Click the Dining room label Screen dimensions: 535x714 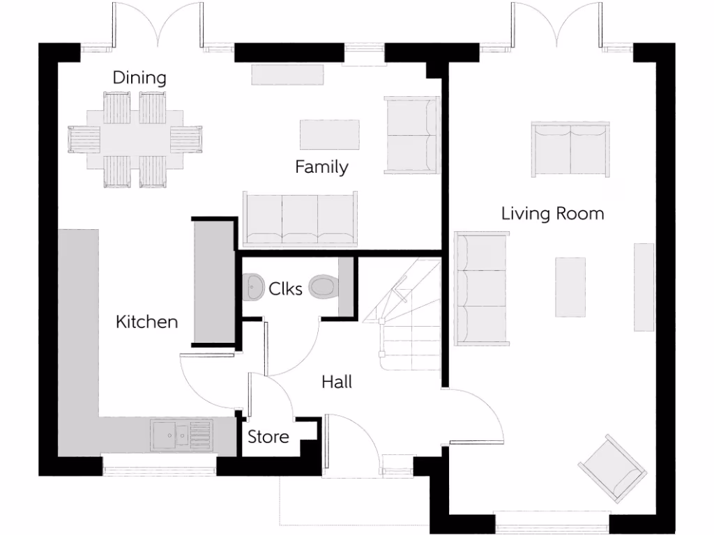(140, 77)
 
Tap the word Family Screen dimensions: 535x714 (321, 167)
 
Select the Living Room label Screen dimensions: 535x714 (552, 213)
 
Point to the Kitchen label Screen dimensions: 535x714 (146, 322)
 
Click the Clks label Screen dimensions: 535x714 (286, 288)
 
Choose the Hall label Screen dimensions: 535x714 (337, 382)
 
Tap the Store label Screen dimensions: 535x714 (268, 437)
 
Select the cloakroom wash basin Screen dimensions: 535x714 (252, 286)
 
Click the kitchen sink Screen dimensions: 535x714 (172, 435)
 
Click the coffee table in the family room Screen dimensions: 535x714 (330, 134)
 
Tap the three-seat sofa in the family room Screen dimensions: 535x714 (300, 219)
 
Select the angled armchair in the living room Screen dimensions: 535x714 (608, 466)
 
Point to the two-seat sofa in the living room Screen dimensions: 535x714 (570, 149)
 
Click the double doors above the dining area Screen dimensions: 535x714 (160, 28)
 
